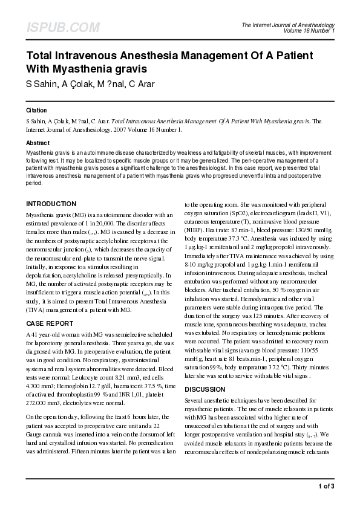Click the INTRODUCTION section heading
[x=51, y=204]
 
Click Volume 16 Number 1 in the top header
[x=308, y=30]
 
